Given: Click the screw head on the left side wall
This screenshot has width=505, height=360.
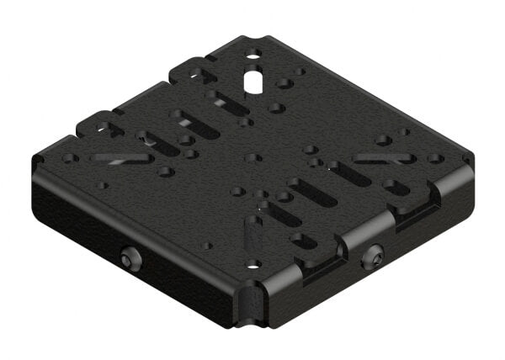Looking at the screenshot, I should click(x=129, y=260).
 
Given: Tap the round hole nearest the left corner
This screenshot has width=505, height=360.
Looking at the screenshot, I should click(x=71, y=157).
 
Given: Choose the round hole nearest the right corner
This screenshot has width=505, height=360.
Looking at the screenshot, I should click(x=435, y=157).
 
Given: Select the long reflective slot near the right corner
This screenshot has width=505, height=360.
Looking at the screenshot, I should click(x=383, y=157).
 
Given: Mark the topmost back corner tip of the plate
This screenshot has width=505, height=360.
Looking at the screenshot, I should click(x=252, y=38).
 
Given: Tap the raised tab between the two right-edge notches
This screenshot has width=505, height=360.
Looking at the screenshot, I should click(x=370, y=231).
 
